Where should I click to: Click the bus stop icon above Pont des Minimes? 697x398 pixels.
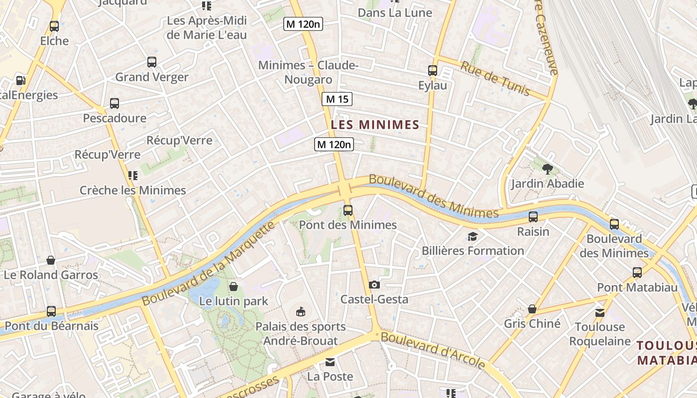348,210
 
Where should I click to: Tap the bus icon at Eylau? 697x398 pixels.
432,71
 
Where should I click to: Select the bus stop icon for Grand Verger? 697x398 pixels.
152,62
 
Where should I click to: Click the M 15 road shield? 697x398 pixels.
337,99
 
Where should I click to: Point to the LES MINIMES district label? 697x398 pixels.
375,124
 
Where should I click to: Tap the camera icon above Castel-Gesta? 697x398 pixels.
374,285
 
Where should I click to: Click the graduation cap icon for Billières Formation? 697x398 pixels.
472,236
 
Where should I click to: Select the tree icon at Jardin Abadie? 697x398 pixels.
547,169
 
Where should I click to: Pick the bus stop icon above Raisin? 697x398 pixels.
533,217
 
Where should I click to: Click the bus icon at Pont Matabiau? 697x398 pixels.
637,273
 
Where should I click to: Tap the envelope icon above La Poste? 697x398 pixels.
330,362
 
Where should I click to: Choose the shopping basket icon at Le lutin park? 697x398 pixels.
233,287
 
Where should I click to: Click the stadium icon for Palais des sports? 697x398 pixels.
300,312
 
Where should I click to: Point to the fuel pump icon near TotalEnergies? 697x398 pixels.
20,80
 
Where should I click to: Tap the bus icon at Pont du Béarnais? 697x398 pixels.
51,311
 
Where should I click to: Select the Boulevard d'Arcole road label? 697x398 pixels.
433,350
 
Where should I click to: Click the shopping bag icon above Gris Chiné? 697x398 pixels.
532,309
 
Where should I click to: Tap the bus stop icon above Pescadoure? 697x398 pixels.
115,103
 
